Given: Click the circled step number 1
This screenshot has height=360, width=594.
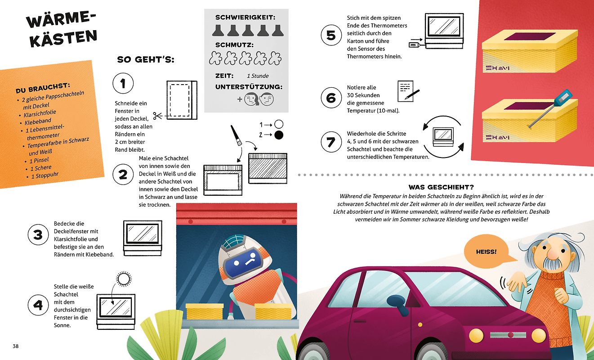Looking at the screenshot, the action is coord(123,83).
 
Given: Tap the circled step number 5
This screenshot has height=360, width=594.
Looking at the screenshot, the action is coord(331,35).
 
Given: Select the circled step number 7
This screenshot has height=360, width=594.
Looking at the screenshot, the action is coord(331,142).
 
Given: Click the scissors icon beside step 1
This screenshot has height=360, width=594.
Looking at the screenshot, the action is coord(157,116).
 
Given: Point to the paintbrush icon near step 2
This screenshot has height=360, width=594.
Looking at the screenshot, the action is coord(236,135).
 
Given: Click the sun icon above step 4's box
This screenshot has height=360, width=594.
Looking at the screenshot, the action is coord(124,279).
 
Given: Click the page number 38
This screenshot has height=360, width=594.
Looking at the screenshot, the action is coord(16,346).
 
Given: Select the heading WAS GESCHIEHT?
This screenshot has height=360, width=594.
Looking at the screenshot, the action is coord(441,187).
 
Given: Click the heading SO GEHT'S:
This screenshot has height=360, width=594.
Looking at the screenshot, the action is coord(146,59).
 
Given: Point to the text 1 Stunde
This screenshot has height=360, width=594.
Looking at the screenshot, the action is coord(258,76).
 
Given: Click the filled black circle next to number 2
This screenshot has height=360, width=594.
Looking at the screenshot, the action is coord(279,135).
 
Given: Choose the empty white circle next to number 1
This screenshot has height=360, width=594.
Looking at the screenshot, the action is coord(279,124).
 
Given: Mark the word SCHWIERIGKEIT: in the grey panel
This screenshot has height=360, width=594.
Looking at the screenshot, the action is coord(246,18).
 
